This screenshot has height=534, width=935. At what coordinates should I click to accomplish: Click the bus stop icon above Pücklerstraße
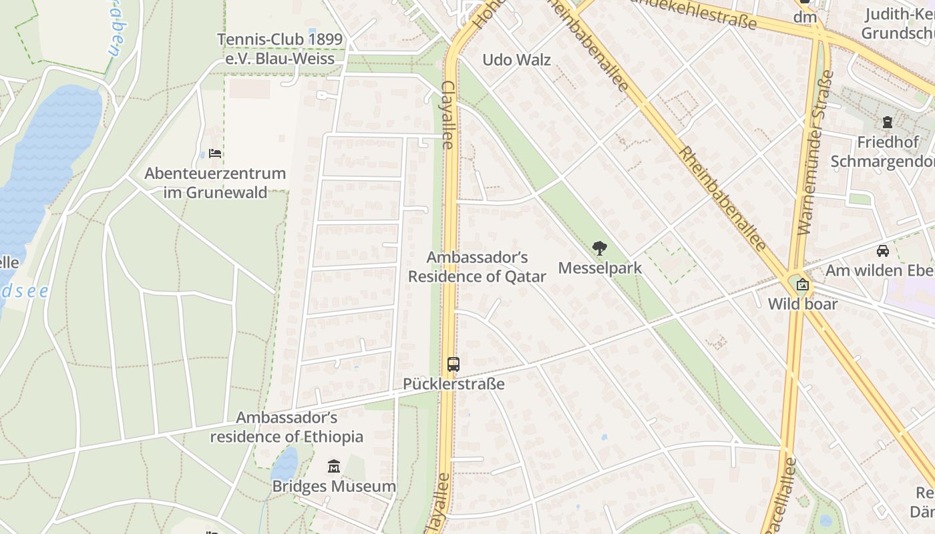point(453,364)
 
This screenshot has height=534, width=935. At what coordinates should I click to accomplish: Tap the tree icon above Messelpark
point(600,248)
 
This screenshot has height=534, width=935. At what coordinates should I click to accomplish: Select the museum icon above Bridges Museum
point(334,466)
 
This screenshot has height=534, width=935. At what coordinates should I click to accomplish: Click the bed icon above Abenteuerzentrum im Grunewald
point(215,154)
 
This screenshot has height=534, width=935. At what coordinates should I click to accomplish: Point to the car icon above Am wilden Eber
point(883,251)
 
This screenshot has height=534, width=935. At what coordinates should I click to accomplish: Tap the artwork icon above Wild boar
point(802,285)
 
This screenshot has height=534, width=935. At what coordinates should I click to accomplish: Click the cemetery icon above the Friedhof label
point(887,122)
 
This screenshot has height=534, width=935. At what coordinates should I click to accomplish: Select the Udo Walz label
point(516,60)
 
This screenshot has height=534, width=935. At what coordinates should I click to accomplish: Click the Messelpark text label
point(600,268)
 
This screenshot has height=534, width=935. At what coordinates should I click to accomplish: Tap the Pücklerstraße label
point(453,384)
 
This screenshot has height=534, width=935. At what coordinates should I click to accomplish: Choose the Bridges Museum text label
point(334,486)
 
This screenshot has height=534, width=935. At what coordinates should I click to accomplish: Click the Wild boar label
point(802,304)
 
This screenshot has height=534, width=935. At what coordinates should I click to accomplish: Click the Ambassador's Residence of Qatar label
point(477,267)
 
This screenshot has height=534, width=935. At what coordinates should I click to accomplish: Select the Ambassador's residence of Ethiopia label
point(287,427)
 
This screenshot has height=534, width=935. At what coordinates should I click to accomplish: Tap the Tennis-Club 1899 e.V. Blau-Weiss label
point(280,49)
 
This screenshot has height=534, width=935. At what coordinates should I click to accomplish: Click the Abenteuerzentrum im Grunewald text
point(215,183)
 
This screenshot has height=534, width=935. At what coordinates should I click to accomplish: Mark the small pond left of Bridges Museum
point(285,464)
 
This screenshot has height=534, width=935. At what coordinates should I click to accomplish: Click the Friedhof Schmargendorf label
point(882,152)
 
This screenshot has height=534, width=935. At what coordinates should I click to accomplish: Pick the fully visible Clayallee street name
point(447,115)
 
